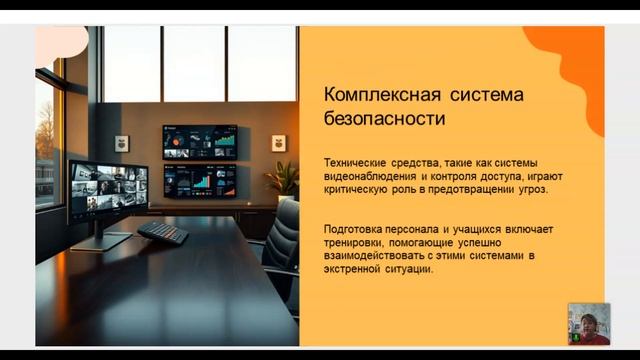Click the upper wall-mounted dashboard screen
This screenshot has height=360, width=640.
pyautogui.click(x=200, y=140)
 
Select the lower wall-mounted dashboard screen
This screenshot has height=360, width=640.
pyautogui.click(x=200, y=179)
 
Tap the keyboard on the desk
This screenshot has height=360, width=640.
pyautogui.click(x=162, y=232)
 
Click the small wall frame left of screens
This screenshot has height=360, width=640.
pyautogui.click(x=122, y=143)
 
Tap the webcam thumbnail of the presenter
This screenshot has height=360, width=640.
pyautogui.click(x=588, y=323)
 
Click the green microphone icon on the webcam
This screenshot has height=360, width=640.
pyautogui.click(x=575, y=339)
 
